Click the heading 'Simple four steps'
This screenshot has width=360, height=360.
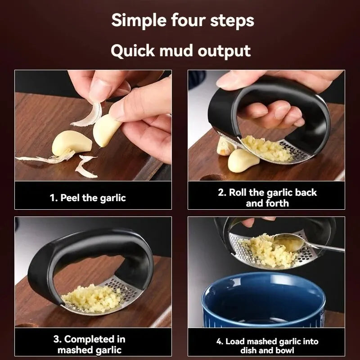183,20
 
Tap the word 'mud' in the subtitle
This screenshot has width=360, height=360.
175,50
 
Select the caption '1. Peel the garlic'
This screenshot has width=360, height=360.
88,198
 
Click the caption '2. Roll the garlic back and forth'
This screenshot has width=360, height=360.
267,198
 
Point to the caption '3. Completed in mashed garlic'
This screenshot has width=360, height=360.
90,344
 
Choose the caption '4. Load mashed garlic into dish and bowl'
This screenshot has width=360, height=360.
267,346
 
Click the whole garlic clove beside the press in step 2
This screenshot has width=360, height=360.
243,161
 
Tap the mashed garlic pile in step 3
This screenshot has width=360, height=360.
92,298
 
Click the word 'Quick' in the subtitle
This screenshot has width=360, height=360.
133,50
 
